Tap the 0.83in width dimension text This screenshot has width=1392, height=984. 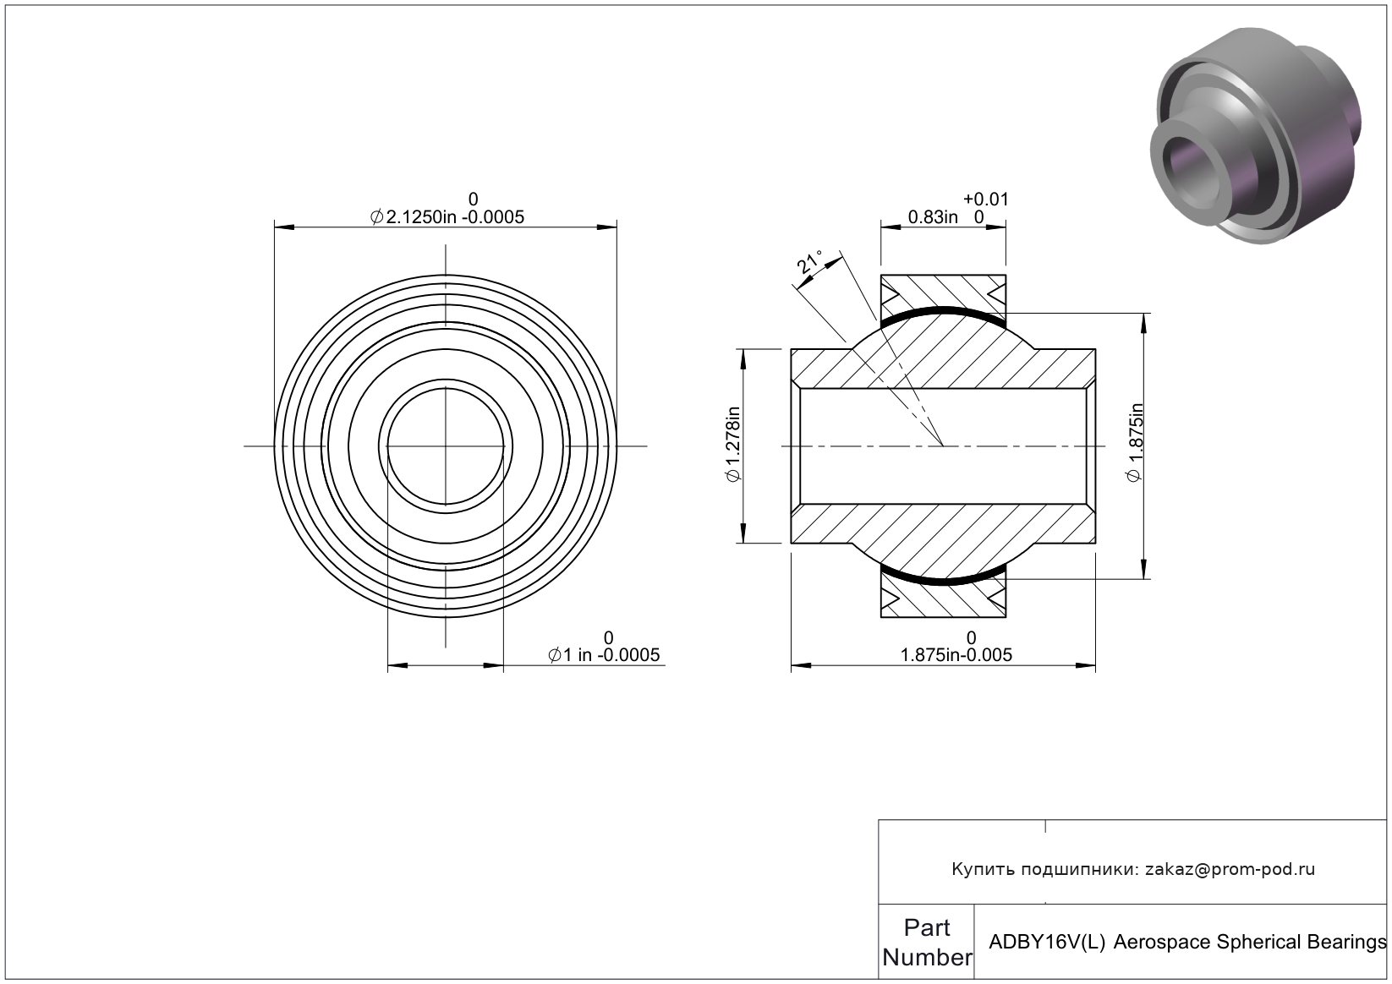933,216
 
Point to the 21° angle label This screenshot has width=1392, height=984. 809,262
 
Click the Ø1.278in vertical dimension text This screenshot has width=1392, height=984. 733,445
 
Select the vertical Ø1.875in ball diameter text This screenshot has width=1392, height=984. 1135,442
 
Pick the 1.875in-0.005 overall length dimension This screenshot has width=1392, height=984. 956,655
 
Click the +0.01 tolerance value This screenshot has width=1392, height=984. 985,200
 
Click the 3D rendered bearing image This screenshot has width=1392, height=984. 1255,135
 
